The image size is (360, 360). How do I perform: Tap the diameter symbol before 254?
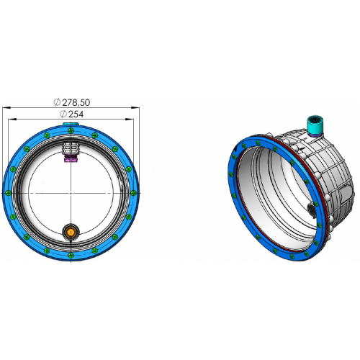(63, 114)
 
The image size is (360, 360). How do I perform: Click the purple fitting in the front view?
(71, 160)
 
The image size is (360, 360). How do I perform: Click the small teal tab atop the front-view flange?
(71, 124)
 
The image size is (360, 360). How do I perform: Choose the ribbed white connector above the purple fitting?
(71, 149)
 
